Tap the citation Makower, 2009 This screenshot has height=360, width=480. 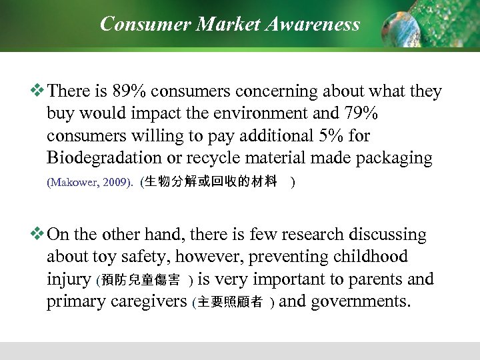pyautogui.click(x=90, y=181)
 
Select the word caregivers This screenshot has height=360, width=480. pyautogui.click(x=151, y=301)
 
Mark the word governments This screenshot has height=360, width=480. pyautogui.click(x=361, y=301)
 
